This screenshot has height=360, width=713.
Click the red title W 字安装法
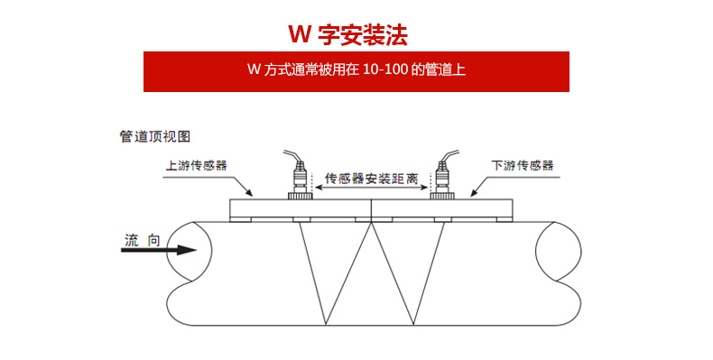pos(347,34)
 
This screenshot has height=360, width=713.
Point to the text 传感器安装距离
pos(370,178)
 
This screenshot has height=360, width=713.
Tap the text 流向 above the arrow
pos(143,239)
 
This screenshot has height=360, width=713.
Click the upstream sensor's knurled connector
pos(299,193)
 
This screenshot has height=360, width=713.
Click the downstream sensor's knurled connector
pos(441,193)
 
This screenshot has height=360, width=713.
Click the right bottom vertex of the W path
pos(416,324)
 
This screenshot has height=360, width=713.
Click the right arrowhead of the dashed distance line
pos(426,187)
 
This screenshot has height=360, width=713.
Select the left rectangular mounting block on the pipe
pos(301,208)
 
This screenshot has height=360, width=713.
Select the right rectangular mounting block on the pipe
pos(441,208)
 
